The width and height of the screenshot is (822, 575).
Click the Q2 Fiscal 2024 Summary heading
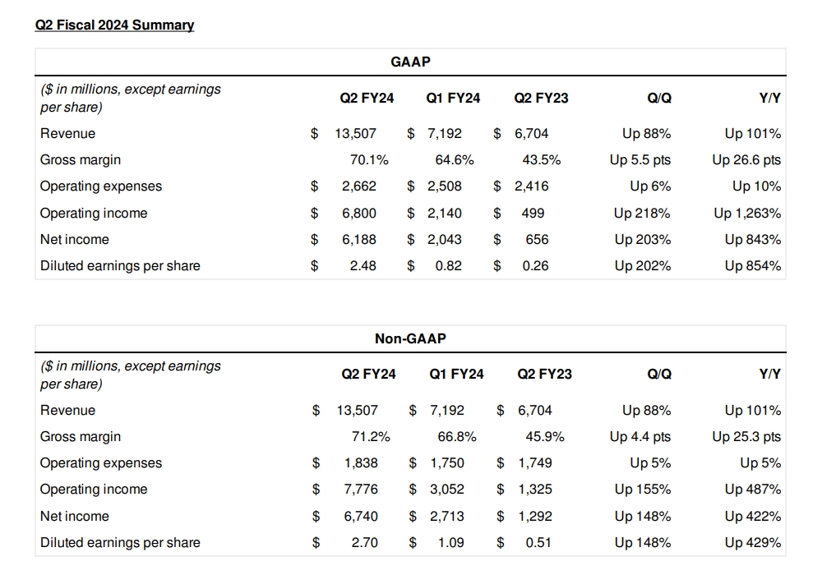pyautogui.click(x=114, y=25)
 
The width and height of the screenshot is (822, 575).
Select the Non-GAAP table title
pyautogui.click(x=410, y=338)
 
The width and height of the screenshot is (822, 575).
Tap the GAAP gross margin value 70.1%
pyautogui.click(x=369, y=160)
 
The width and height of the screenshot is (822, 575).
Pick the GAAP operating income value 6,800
pyautogui.click(x=359, y=214)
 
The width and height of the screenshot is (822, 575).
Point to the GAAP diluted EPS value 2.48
pyautogui.click(x=362, y=266)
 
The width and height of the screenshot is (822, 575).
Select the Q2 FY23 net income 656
pyautogui.click(x=535, y=240)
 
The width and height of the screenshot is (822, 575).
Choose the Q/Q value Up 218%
pyautogui.click(x=642, y=214)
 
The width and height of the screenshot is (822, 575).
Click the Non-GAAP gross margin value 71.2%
pyautogui.click(x=371, y=437)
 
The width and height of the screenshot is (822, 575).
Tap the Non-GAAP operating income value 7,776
pyautogui.click(x=361, y=490)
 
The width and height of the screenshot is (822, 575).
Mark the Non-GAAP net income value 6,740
pyautogui.click(x=361, y=517)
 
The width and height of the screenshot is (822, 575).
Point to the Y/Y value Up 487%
pyautogui.click(x=753, y=490)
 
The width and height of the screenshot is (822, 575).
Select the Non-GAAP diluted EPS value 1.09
pyautogui.click(x=450, y=543)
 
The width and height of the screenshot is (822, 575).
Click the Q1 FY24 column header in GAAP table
pyautogui.click(x=453, y=99)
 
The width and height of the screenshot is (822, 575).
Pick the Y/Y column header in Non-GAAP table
pyautogui.click(x=770, y=375)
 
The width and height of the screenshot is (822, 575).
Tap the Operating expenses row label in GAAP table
pyautogui.click(x=101, y=186)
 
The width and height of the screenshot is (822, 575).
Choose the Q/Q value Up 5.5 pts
pyautogui.click(x=640, y=160)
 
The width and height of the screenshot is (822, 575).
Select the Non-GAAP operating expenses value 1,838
pyautogui.click(x=361, y=463)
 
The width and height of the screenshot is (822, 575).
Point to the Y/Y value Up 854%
pyautogui.click(x=753, y=266)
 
